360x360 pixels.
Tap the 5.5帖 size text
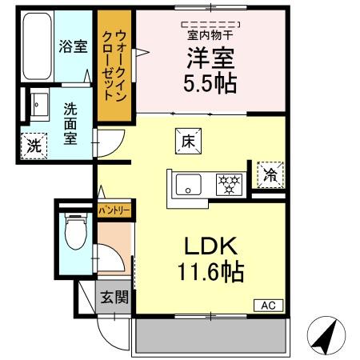[x=210, y=83]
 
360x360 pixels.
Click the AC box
[x=266, y=305]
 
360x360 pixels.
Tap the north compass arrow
[x=325, y=335]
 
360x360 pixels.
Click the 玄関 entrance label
[x=114, y=298]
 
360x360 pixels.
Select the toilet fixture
[x=74, y=234]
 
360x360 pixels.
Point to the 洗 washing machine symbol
[x=33, y=146]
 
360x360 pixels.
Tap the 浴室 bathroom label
[x=71, y=46]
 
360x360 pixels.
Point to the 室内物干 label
[x=210, y=34]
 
